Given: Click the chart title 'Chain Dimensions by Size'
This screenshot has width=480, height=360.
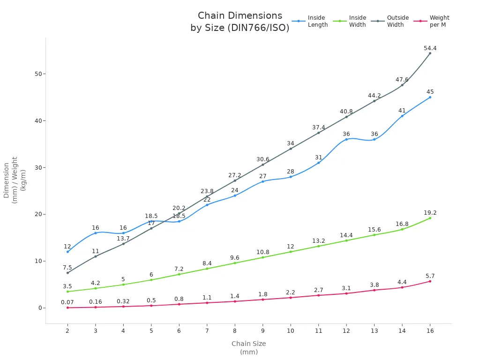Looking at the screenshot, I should click(x=240, y=22).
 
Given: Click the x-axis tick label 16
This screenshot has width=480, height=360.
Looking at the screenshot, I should click(x=430, y=330).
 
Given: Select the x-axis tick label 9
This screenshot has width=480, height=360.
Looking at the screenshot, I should click(x=262, y=330).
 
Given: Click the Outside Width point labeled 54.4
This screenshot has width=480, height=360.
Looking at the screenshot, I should click(x=430, y=53).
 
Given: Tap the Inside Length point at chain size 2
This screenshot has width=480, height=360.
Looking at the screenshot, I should click(x=67, y=252).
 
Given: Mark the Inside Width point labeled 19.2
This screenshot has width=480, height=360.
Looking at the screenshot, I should click(x=430, y=218).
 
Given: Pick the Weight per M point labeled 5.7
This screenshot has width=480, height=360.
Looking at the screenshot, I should click(x=430, y=281).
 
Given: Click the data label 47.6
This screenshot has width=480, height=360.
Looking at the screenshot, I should click(x=402, y=80).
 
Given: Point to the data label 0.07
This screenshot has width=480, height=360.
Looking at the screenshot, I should click(x=67, y=302).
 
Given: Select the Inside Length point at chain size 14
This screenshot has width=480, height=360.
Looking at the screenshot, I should click(x=402, y=116).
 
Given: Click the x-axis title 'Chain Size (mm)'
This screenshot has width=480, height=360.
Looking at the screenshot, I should click(x=248, y=347).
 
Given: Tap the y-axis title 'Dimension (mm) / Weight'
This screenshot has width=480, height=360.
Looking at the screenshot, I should click(x=14, y=180).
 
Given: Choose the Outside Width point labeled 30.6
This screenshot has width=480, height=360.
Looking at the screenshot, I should click(x=262, y=165).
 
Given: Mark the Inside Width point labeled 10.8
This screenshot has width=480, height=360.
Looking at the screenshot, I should click(x=262, y=257).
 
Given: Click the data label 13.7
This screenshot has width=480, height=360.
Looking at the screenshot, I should click(x=123, y=239).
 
